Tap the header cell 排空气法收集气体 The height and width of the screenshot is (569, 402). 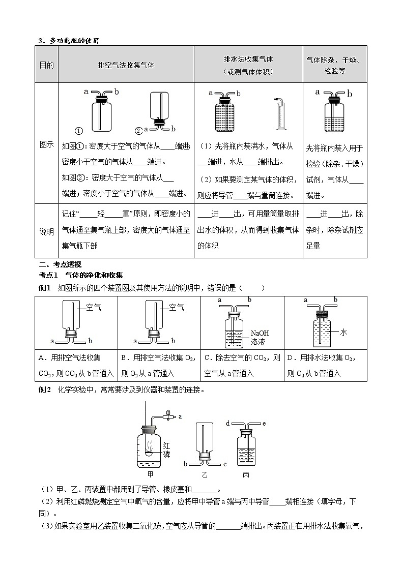[x=126, y=66]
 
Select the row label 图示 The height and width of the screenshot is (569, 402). [x=46, y=144]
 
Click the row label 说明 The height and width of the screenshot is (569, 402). [x=46, y=231]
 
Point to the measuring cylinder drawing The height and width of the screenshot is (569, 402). [x=278, y=113]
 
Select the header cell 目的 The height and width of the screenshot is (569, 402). [x=46, y=66]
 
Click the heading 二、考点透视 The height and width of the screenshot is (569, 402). [x=56, y=264]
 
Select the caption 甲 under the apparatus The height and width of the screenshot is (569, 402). [x=150, y=474]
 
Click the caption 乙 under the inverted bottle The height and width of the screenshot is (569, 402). [x=204, y=474]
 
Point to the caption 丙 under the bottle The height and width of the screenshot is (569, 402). [x=246, y=474]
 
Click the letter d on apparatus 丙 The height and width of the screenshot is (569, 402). [x=228, y=423]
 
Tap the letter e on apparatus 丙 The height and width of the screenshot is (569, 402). [x=264, y=423]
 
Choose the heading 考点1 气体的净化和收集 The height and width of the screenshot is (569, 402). [x=81, y=275]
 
